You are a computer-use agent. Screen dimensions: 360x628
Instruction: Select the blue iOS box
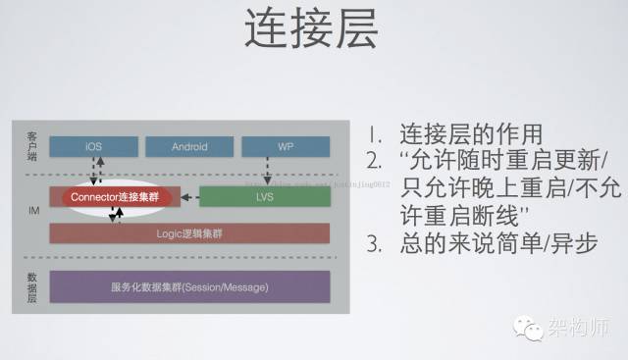coord(93,146)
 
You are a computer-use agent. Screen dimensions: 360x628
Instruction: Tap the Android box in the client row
coord(189,146)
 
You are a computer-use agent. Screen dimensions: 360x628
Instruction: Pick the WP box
coord(285,146)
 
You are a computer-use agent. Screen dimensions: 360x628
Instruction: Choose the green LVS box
coord(264,196)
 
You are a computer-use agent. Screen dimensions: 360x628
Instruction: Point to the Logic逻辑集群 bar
coord(188,234)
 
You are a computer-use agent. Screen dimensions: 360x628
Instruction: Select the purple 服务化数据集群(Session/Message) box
coord(188,286)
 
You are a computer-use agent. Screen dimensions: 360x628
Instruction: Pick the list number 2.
coord(376,161)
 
